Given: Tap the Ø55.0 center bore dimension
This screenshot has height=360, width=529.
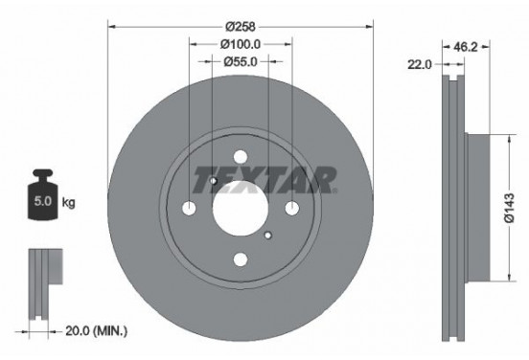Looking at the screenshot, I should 241,62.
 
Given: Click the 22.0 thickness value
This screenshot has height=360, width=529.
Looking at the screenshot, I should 419,64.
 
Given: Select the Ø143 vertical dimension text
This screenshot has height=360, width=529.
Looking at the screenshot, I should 511,208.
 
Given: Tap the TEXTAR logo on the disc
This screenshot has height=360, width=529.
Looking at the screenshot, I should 264,179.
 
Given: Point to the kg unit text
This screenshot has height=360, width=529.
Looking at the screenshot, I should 69,203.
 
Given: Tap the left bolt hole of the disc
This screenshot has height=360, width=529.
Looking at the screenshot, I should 188,210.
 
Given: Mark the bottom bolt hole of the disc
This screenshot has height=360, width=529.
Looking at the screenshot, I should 240,259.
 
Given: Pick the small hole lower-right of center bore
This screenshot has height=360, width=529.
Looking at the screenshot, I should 268,236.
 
